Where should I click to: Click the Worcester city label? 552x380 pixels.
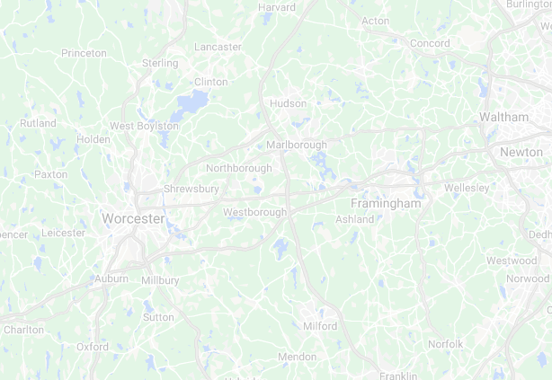133,218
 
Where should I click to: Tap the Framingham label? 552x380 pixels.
386,204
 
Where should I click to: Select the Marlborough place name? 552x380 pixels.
297,145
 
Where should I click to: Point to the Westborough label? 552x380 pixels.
254,212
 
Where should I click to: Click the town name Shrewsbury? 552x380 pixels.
191,189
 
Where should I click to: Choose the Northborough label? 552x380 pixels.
238,168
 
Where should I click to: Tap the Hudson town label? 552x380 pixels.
289,103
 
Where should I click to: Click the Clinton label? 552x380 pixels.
211,82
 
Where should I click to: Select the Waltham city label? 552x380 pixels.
504,118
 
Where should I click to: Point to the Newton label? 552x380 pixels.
521,153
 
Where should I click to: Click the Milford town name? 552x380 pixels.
320,326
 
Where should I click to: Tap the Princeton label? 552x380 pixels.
84,53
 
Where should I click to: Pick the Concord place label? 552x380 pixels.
430,43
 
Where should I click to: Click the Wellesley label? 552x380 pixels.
467,188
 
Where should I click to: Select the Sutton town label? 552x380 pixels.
158,317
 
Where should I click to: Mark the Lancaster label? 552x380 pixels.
218,47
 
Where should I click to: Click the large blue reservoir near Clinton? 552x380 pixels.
190,104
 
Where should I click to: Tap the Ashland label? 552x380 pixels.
354,219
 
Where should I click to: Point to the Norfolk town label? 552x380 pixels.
445,344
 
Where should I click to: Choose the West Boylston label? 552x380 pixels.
144,126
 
